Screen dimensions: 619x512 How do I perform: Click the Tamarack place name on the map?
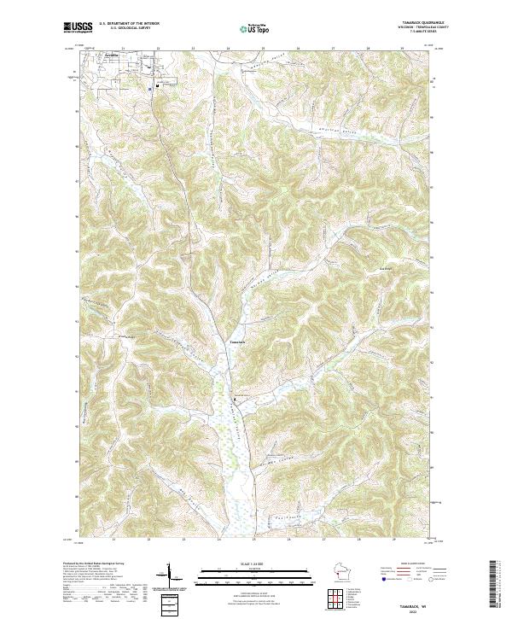[238, 342]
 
